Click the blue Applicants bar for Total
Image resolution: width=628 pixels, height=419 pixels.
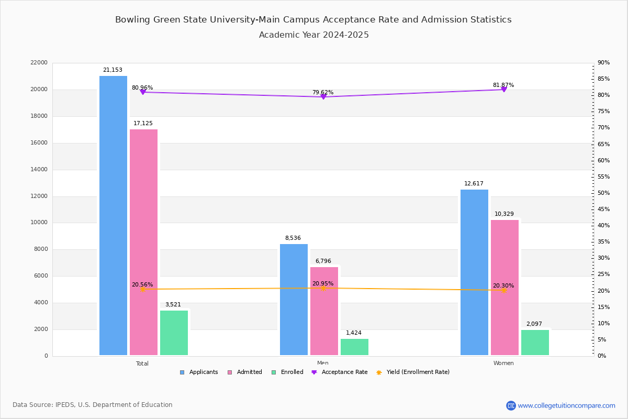[x=113, y=215]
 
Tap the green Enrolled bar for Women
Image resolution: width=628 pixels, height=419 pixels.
[x=535, y=343]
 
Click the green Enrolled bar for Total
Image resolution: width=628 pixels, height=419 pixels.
[x=174, y=333]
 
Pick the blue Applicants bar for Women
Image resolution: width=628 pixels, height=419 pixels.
[x=474, y=272]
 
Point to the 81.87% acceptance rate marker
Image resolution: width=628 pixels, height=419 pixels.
[x=503, y=90]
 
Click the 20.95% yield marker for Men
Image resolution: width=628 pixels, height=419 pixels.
[x=323, y=288]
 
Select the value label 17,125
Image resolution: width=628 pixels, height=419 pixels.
[x=143, y=124]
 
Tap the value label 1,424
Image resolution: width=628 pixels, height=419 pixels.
[x=353, y=333]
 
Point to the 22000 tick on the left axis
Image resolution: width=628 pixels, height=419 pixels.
[x=39, y=63]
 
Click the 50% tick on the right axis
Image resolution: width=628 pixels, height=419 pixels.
[x=603, y=193]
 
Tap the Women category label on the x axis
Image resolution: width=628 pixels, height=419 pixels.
[x=503, y=363]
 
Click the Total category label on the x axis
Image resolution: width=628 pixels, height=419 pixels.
[x=142, y=363]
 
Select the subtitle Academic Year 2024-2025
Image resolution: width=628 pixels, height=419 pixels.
[x=313, y=35]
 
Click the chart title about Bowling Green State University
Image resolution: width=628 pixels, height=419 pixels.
[x=313, y=20]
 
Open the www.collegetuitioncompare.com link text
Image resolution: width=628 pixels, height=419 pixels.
[x=566, y=405]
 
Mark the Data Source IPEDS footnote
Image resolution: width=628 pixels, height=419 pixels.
[x=93, y=405]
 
